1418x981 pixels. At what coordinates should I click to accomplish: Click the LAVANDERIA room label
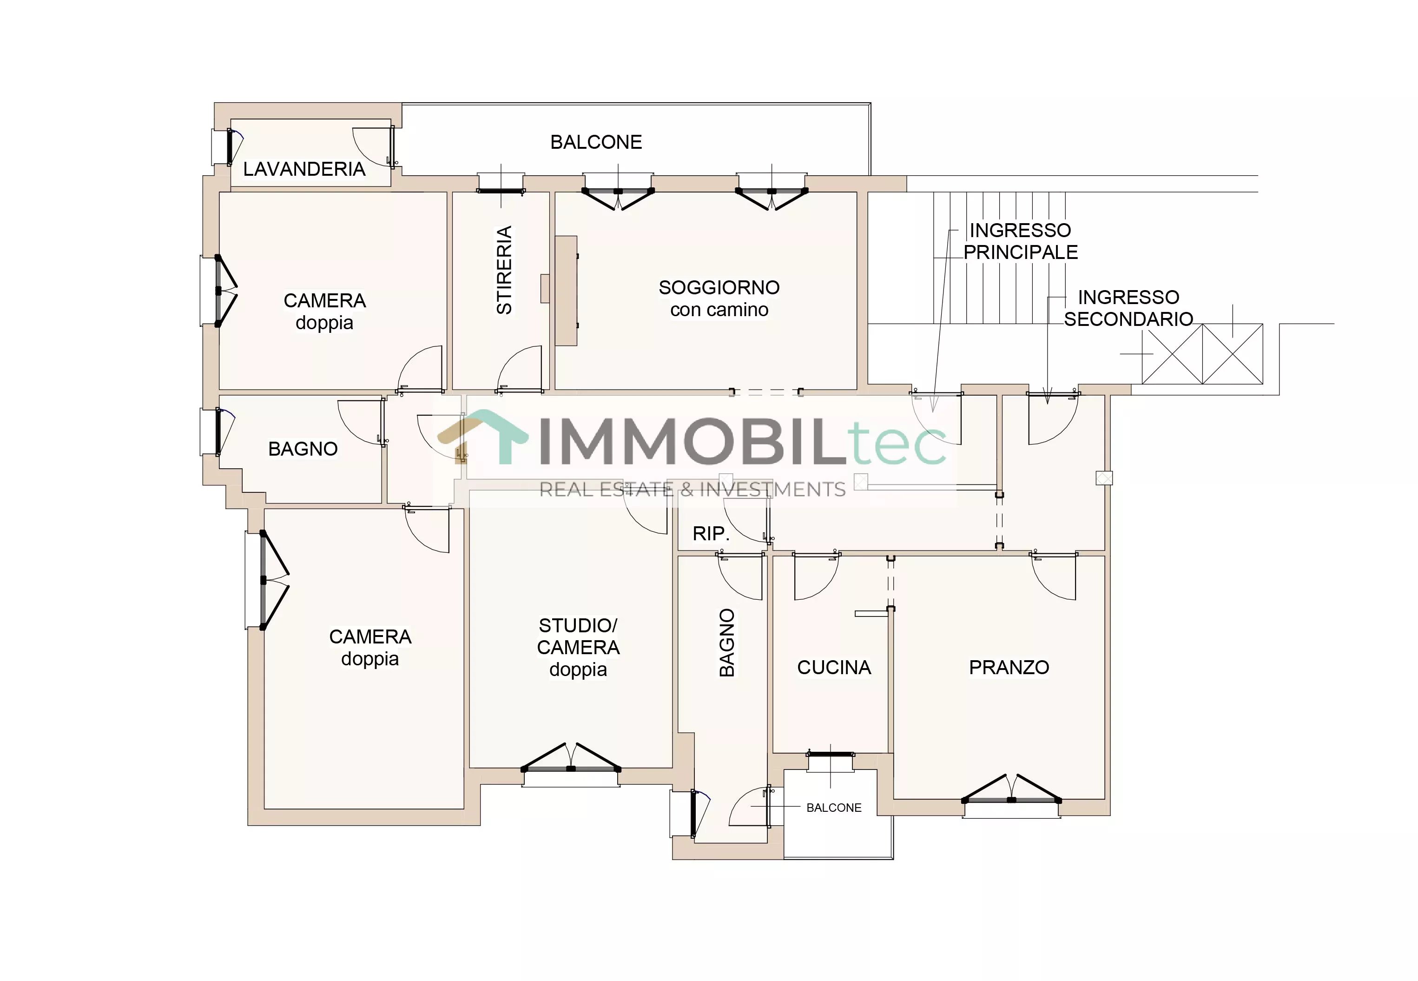click(304, 169)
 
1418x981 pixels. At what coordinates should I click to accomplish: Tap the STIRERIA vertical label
click(504, 271)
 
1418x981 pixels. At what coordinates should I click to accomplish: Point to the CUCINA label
click(834, 668)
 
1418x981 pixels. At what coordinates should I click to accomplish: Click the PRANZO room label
click(1009, 668)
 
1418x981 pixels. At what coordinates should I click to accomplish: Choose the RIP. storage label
click(711, 534)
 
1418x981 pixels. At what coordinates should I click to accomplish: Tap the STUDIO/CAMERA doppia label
click(578, 647)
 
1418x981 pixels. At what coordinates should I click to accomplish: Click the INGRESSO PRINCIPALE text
click(1021, 241)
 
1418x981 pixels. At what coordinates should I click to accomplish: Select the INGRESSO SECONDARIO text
click(1128, 308)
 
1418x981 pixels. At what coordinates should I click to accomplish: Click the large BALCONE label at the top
click(596, 142)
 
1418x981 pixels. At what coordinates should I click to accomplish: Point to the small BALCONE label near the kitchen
click(834, 808)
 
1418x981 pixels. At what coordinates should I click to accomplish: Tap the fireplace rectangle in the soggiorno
click(566, 291)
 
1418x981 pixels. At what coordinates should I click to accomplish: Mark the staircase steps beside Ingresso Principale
click(1000, 258)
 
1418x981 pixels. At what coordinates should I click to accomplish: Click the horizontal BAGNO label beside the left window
click(303, 449)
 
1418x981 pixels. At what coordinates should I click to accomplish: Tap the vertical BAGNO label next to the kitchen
click(727, 643)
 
